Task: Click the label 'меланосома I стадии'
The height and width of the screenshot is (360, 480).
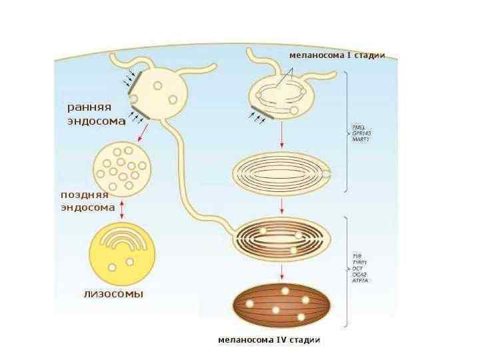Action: [337, 55]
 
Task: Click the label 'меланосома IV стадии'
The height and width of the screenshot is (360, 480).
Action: [271, 341]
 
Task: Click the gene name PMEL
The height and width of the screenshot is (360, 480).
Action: [359, 127]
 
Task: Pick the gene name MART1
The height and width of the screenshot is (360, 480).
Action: [360, 139]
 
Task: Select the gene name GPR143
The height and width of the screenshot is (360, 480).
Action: [362, 133]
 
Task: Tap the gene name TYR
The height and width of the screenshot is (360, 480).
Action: [357, 255]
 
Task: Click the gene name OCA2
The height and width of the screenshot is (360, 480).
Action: [359, 274]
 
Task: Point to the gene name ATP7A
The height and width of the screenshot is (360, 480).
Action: [360, 280]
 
